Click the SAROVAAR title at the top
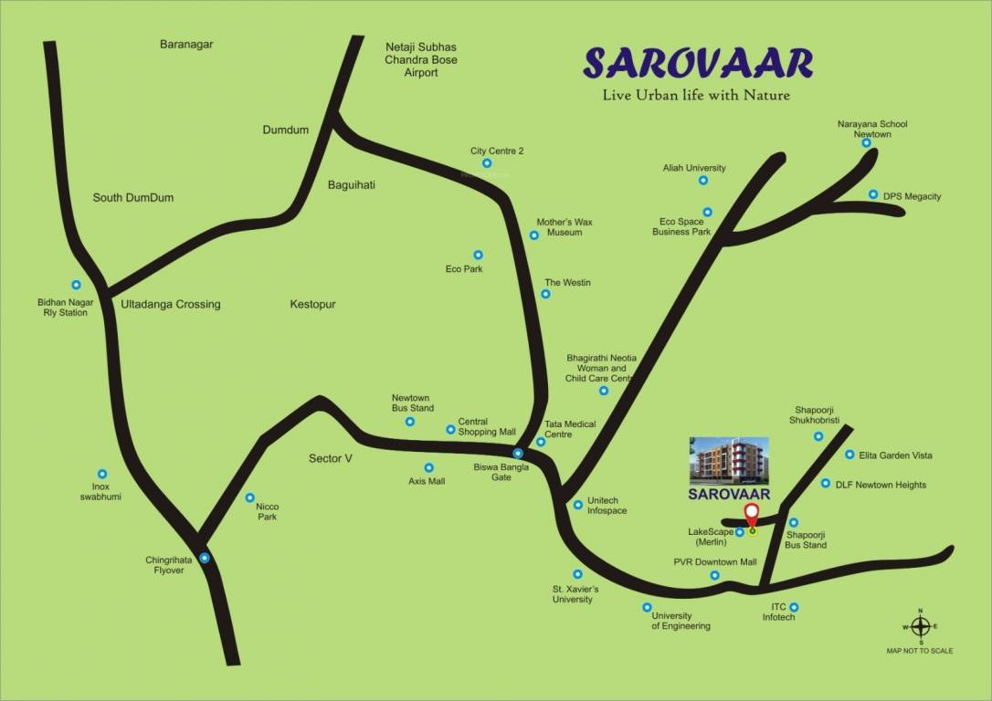click(698, 63)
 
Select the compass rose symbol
click(920, 627)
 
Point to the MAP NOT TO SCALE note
click(919, 651)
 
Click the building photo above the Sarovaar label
click(729, 461)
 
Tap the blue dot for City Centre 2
click(487, 164)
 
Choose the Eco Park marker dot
click(477, 255)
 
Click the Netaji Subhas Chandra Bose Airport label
click(421, 59)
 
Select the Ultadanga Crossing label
click(171, 304)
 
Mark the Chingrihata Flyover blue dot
click(205, 558)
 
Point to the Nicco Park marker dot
click(250, 498)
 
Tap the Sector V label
click(331, 458)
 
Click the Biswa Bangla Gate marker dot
click(518, 454)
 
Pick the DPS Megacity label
click(912, 196)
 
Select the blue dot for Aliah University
click(703, 181)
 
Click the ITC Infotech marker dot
click(794, 607)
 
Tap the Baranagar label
click(186, 44)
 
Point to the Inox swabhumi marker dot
click(102, 475)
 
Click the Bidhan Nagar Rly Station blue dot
click(76, 285)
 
